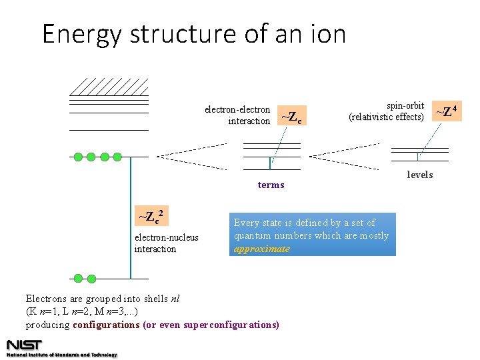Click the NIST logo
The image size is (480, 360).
click(x=24, y=345)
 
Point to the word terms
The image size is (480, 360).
click(x=271, y=185)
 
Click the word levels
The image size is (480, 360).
click(x=420, y=175)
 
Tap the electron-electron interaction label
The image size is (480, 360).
click(x=237, y=115)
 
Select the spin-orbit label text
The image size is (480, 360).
click(x=405, y=106)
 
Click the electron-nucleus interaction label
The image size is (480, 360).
click(x=166, y=243)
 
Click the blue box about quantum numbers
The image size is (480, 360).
click(x=313, y=234)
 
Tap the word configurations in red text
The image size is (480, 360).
click(x=106, y=325)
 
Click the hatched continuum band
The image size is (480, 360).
click(x=109, y=87)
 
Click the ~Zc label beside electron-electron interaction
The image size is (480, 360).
click(x=291, y=118)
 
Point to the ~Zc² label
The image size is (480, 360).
click(x=151, y=217)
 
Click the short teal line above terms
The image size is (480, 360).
click(x=270, y=163)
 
